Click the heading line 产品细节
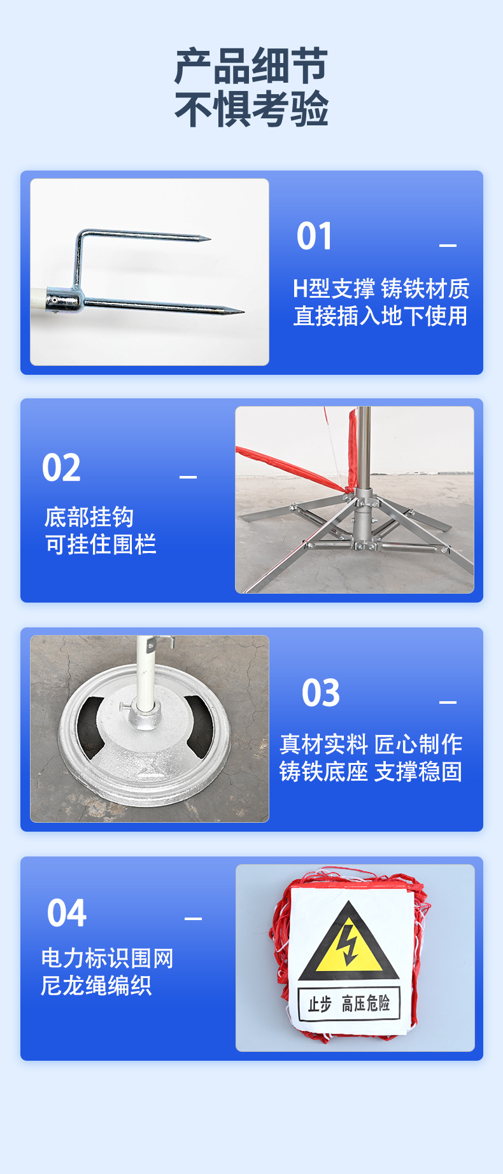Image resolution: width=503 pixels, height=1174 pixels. pos(251,66)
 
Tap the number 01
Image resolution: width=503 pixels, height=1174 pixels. pos(315,237)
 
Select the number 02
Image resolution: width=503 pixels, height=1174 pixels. pos(61,468)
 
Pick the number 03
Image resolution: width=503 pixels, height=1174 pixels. pos(321,693)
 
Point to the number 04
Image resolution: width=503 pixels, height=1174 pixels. pos(66,914)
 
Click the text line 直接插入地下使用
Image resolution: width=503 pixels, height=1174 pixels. pos(380,316)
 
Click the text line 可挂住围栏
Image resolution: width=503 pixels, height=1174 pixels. pos(101,545)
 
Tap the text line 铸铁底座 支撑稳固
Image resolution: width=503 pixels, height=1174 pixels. pos(371,772)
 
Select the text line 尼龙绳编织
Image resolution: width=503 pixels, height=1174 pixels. pos(96,986)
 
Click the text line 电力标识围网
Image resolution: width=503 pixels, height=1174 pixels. pos(107,958)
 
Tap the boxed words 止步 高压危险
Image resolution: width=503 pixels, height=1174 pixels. pos(349,1004)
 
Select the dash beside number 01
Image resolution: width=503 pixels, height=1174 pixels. pos(448,245)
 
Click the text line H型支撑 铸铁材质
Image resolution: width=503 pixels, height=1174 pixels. pos(380,289)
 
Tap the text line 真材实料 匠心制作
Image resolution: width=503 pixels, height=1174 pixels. pos(371,744)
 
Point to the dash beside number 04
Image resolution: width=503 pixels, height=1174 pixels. pos(193,918)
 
